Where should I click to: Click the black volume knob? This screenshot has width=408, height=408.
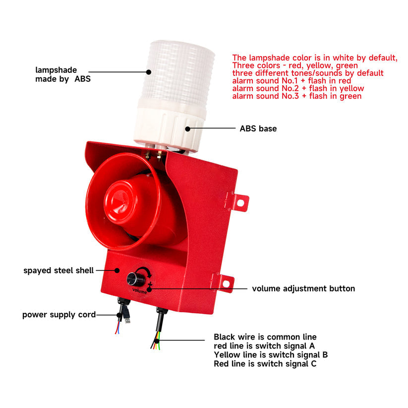(136, 279)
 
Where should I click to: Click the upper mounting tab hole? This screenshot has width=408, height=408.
(240, 202)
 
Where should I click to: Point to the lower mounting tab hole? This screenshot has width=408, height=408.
(226, 284)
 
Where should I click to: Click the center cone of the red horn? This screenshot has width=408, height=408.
(121, 200)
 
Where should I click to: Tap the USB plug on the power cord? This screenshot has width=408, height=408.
(127, 320)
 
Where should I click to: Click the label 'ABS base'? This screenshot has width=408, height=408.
(258, 128)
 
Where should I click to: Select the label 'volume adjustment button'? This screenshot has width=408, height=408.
(303, 289)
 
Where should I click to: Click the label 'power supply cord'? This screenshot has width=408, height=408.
(59, 315)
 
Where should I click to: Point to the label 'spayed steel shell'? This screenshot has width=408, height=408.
(58, 271)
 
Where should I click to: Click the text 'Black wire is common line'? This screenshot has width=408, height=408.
(265, 337)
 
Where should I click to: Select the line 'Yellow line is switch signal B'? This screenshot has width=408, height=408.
(271, 354)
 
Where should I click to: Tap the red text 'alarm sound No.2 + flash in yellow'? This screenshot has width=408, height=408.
(298, 88)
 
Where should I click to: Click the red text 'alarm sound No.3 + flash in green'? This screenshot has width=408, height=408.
(297, 96)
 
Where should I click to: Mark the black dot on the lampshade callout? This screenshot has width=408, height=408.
(149, 72)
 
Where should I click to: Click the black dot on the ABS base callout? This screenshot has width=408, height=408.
(187, 128)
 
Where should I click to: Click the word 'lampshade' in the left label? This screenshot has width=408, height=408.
(56, 70)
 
